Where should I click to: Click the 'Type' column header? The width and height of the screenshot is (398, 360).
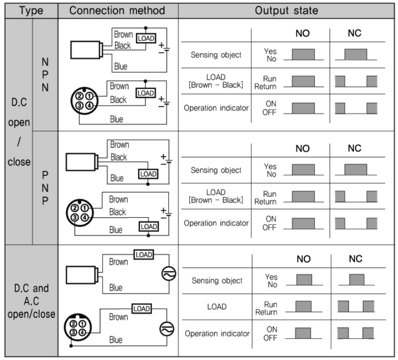(x=31, y=11)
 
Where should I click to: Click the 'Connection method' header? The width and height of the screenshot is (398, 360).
(x=117, y=11)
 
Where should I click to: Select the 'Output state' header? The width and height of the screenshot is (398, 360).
(x=286, y=11)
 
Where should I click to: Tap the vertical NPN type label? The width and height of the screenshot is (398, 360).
(x=45, y=75)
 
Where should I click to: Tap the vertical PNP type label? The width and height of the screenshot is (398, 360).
(x=45, y=188)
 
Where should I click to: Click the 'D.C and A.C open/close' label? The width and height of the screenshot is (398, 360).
(x=32, y=301)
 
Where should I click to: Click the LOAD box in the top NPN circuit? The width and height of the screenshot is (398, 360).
(x=146, y=38)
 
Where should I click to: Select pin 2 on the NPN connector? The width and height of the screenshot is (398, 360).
(x=79, y=96)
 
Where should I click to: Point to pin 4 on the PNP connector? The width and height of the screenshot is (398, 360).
(x=85, y=217)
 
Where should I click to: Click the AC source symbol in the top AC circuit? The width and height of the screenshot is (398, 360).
(x=169, y=274)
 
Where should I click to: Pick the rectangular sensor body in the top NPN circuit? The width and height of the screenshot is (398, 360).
(x=85, y=50)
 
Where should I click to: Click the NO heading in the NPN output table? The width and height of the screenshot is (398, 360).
(x=302, y=33)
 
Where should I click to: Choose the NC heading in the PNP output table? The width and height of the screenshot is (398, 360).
(x=354, y=148)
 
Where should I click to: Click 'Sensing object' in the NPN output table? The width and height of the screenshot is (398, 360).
(x=216, y=55)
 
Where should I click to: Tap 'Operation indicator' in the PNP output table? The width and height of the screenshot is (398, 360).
(x=216, y=223)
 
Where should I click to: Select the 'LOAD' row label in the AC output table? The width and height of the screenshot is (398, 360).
(x=217, y=306)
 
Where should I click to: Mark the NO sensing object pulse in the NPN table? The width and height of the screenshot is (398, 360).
(x=303, y=55)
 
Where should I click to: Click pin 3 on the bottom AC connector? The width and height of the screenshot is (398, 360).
(x=73, y=332)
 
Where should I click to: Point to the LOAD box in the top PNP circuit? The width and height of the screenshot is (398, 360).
(x=148, y=174)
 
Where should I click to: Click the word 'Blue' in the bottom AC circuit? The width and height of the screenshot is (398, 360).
(x=116, y=340)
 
